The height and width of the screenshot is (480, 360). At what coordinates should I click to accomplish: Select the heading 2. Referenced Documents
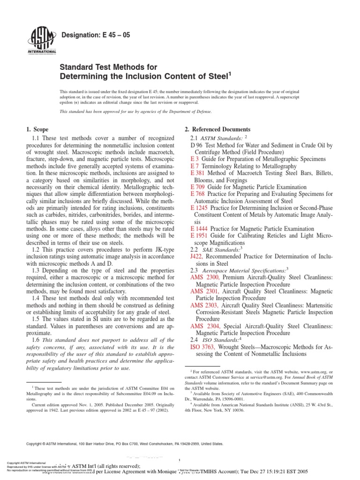click(x=215, y=129)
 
